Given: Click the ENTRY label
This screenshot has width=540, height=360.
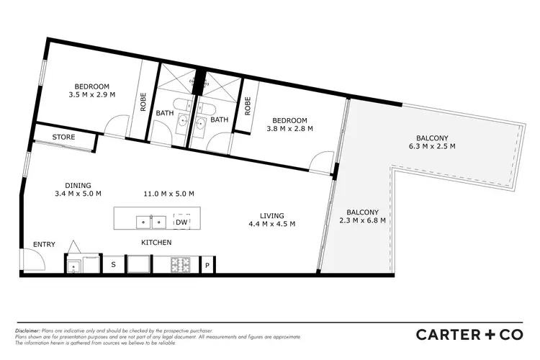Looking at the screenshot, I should coord(45,245).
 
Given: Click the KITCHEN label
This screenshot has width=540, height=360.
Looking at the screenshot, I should coord(156,243).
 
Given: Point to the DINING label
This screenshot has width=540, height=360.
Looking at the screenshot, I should coord(78,185).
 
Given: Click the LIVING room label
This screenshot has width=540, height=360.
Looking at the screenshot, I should coord(272,215).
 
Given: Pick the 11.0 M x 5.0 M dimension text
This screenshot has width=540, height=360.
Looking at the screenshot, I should coord(170,194).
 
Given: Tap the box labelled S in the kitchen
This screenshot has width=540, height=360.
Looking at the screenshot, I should coord(113,264).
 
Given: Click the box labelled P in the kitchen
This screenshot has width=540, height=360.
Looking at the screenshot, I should coord(207,265).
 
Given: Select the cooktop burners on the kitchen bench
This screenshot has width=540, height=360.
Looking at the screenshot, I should coord(180,264).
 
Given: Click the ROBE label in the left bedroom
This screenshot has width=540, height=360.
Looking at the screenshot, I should coord(143,102).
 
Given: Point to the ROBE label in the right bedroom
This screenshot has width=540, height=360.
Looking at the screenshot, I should coord(248,107).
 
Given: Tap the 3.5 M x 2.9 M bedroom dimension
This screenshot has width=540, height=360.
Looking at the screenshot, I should coord(92,94).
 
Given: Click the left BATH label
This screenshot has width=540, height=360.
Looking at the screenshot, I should coord(165,112).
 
